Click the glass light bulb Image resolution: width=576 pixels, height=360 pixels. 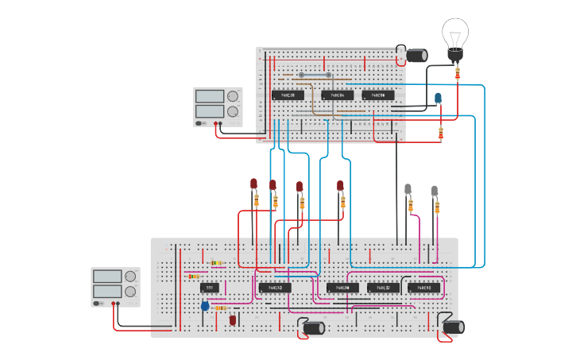(x=455, y=36)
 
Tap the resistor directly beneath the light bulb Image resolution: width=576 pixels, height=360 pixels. (x=458, y=74)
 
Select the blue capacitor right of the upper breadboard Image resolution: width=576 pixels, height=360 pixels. (x=438, y=99)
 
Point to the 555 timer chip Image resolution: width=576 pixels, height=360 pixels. (x=210, y=287)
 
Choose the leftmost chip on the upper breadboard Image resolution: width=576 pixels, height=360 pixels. (x=288, y=95)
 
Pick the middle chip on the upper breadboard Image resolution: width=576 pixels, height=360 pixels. (x=338, y=95)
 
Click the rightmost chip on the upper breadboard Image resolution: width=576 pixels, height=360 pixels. (x=378, y=95)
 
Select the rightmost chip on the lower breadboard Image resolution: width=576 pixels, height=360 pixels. (x=423, y=288)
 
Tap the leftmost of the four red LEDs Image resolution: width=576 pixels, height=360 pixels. (x=254, y=184)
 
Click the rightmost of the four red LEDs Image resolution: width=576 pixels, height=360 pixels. (x=340, y=186)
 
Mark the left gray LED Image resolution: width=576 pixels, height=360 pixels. (x=408, y=189)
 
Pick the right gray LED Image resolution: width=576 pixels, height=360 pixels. (x=435, y=191)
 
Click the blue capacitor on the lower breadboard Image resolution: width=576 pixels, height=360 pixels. (x=205, y=305)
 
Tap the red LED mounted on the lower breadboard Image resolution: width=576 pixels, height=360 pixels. (x=233, y=319)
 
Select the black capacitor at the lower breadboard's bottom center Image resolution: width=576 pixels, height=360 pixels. (x=314, y=327)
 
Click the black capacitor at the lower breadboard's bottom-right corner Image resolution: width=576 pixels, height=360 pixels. (x=453, y=327)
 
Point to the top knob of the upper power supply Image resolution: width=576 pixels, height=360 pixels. (x=233, y=96)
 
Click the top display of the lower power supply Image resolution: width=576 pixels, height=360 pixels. (x=106, y=277)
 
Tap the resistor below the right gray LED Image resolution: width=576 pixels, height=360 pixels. (x=437, y=207)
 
